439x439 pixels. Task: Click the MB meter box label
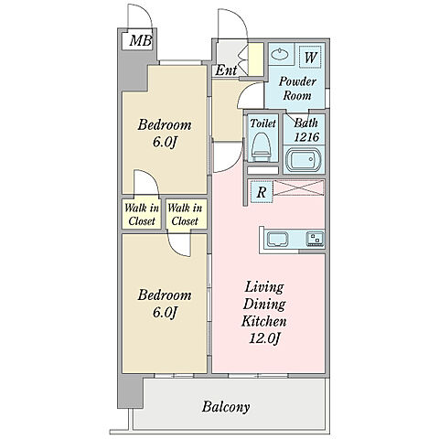(x=141, y=41)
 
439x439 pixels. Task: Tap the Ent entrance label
(x=226, y=70)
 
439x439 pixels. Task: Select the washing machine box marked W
(x=310, y=57)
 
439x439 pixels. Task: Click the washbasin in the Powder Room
(x=280, y=55)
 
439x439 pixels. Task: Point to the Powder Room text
(x=297, y=89)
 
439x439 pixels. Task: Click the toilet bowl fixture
(x=262, y=147)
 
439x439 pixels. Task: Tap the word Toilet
(x=262, y=123)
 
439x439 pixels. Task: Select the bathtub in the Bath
(x=304, y=159)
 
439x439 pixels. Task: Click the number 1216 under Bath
(x=306, y=137)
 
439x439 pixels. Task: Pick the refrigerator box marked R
(x=262, y=192)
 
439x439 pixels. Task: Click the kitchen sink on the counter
(x=278, y=240)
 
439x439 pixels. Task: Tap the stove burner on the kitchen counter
(x=315, y=239)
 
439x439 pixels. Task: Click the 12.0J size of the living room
(x=264, y=338)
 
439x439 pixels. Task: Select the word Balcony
(x=226, y=407)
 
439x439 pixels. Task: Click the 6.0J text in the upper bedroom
(x=165, y=142)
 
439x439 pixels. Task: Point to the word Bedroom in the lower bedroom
(x=165, y=295)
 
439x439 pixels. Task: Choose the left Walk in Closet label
(x=142, y=215)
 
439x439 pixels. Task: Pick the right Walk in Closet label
(x=185, y=215)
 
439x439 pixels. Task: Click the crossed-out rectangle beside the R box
(x=298, y=187)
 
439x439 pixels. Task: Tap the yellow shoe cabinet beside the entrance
(x=256, y=59)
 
